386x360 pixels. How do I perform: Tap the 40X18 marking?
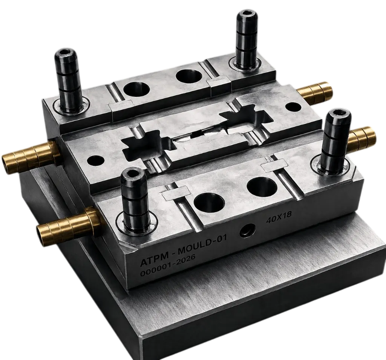pos(279,217)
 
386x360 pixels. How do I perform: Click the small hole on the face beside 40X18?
pos(248,231)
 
